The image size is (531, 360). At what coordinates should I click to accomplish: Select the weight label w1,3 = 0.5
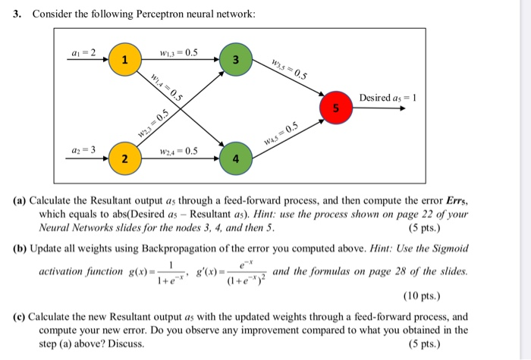(180, 52)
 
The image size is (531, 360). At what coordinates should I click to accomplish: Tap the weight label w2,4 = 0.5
(180, 151)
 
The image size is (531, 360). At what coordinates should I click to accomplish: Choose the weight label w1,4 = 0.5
(166, 84)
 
